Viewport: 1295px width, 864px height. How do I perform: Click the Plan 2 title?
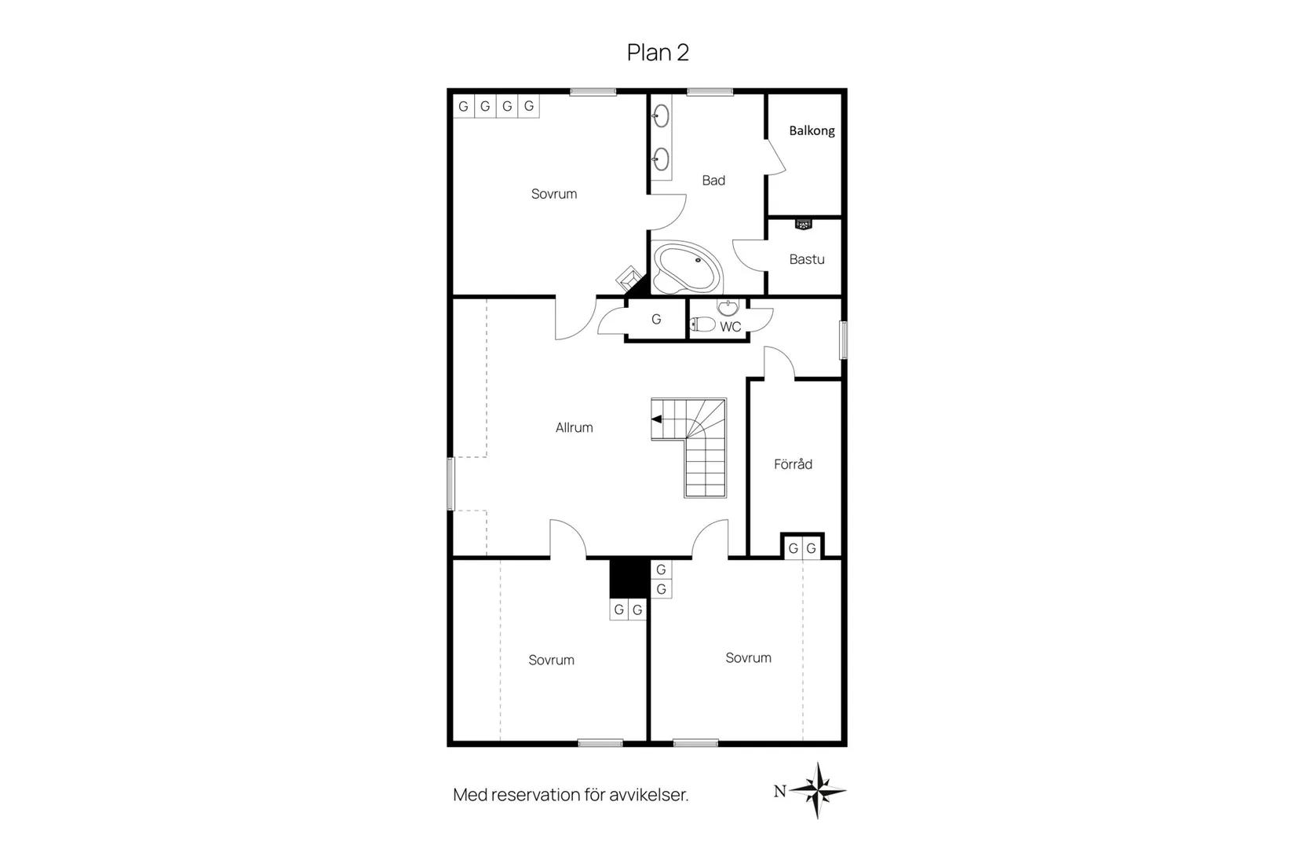pos(658,53)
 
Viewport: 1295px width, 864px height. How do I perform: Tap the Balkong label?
pos(812,131)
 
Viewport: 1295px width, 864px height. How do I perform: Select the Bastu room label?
pos(807,259)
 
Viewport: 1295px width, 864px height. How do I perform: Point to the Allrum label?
pos(574,427)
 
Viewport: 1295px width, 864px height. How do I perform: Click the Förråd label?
pos(793,463)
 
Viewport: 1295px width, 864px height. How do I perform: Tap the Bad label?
pos(713,181)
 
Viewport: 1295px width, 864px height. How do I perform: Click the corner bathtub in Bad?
pos(687,268)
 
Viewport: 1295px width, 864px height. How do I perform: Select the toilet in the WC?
pos(703,324)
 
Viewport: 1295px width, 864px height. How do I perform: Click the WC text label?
pos(730,327)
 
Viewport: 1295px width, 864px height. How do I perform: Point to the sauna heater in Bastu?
pos(804,224)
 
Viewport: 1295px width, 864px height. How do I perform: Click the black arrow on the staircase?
pos(657,419)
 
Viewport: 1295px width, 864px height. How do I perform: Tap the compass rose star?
pos(818,790)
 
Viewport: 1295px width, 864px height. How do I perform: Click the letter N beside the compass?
pos(780,791)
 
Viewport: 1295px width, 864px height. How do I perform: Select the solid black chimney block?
pos(630,578)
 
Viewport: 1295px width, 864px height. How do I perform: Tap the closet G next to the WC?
pos(656,320)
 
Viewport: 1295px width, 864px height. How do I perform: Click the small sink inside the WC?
pos(728,306)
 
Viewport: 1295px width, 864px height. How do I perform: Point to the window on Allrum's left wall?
pos(451,484)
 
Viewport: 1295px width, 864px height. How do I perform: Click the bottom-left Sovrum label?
pos(552,661)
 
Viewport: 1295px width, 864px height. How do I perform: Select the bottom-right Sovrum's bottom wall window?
pos(695,743)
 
